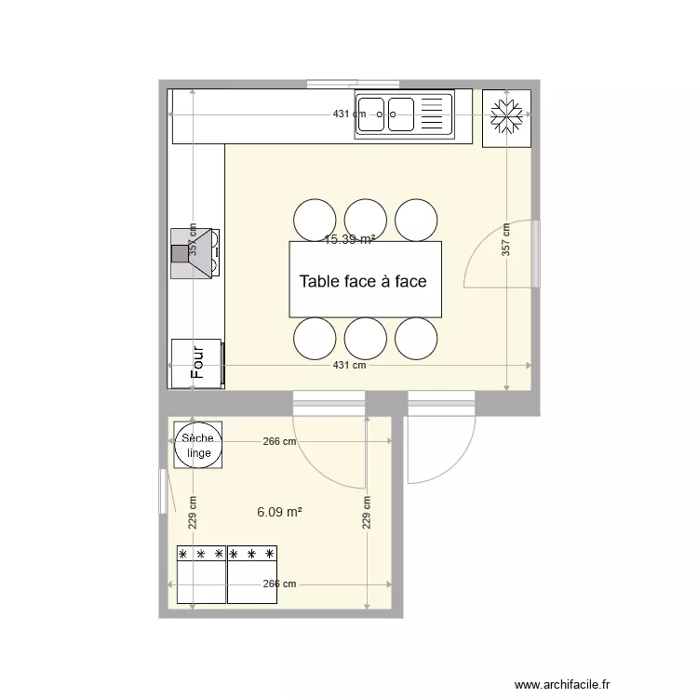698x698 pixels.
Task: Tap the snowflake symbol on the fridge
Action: [x=506, y=118]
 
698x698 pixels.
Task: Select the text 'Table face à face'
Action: [x=363, y=281]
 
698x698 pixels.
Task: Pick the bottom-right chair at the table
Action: [x=416, y=339]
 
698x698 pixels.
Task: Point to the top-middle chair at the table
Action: [x=366, y=220]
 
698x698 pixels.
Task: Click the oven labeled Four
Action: [x=197, y=363]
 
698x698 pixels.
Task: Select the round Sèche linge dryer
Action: [x=197, y=446]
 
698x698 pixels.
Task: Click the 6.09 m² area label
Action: [x=280, y=511]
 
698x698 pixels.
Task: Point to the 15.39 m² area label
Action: [x=350, y=239]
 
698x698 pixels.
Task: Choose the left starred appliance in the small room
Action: [x=201, y=573]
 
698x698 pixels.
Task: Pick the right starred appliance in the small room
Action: [x=252, y=573]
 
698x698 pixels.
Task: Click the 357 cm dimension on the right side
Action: [x=506, y=239]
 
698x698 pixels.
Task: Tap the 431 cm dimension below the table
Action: [x=350, y=366]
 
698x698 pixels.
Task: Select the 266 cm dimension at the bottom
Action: [x=278, y=584]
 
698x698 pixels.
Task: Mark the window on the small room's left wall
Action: [x=165, y=490]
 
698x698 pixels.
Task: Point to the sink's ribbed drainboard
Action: [x=434, y=114]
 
